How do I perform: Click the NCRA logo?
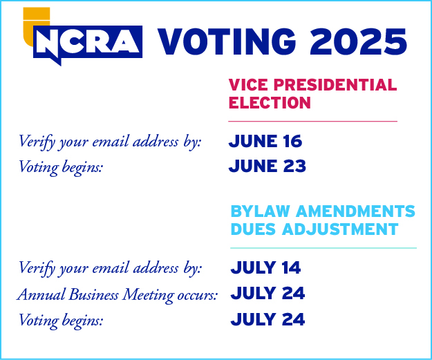click(x=88, y=42)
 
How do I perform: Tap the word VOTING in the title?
click(x=227, y=42)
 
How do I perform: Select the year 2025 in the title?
click(x=358, y=42)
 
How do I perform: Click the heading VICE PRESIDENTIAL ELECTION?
click(x=312, y=94)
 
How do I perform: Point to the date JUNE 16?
click(x=265, y=141)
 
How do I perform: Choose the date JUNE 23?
click(x=267, y=166)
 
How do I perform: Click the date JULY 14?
click(x=265, y=267)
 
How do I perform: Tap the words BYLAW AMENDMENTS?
click(x=323, y=211)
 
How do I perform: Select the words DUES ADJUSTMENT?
click(x=314, y=229)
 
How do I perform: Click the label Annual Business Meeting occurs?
click(x=118, y=295)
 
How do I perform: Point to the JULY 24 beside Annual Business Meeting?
click(x=267, y=293)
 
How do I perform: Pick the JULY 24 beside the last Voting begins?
click(x=267, y=319)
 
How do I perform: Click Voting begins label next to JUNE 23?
click(x=61, y=167)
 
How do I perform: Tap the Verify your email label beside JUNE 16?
click(x=110, y=142)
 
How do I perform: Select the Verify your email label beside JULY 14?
click(x=110, y=268)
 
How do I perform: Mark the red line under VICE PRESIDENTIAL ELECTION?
click(x=312, y=121)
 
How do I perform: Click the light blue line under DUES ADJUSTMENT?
click(x=323, y=248)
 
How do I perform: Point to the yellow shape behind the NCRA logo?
click(x=36, y=17)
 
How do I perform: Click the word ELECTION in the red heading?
click(x=270, y=103)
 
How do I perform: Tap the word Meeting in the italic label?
click(x=148, y=295)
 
